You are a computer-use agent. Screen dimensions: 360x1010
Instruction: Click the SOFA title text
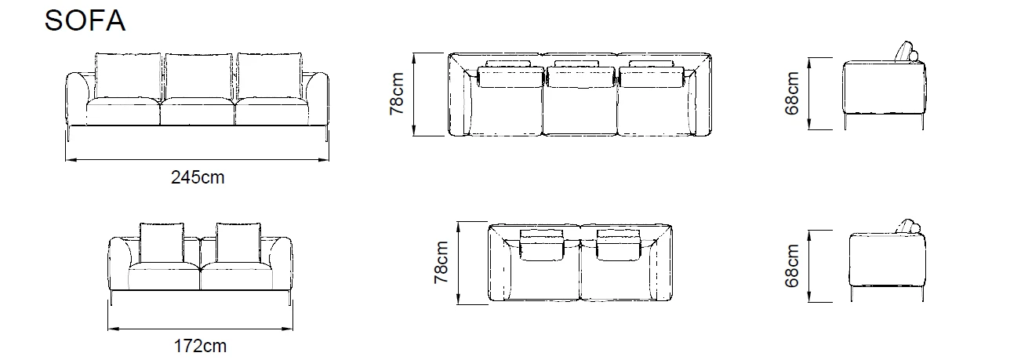click(85, 21)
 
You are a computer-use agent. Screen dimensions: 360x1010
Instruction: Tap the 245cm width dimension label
click(198, 178)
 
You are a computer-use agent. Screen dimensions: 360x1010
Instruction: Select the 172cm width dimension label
click(200, 346)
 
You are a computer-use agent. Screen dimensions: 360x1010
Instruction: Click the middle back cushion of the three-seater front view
click(198, 76)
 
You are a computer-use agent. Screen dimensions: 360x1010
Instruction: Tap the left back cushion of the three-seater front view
click(127, 76)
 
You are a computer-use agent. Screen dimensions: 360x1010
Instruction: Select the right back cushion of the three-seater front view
click(269, 75)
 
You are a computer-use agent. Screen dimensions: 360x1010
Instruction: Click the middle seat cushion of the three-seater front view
click(198, 111)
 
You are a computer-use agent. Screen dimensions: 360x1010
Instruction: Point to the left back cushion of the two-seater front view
click(162, 242)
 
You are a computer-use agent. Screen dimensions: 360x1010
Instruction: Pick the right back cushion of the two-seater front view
click(238, 242)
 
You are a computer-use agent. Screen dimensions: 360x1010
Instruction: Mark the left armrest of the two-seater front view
click(118, 263)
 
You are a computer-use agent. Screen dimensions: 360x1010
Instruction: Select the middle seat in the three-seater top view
click(581, 106)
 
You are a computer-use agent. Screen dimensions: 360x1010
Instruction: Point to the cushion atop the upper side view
click(909, 51)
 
